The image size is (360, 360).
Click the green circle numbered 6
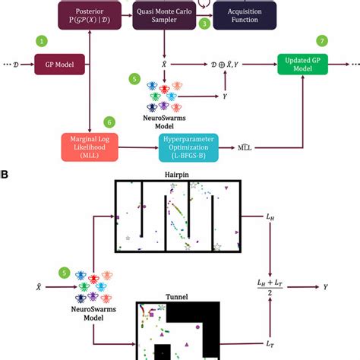tap(111, 121)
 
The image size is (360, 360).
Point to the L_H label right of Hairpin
tap(271, 217)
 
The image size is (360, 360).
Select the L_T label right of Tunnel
tap(271, 345)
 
